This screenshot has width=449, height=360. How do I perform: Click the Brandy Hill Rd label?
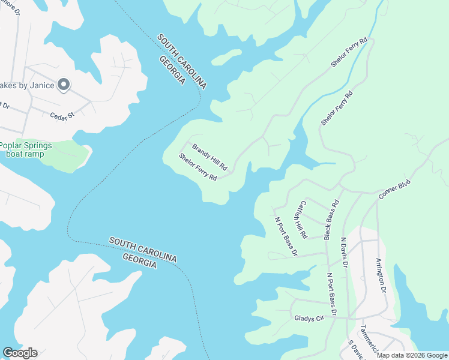point(209,157)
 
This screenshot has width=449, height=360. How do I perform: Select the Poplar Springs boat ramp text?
point(25,149)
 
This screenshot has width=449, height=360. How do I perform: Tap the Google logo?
point(20,353)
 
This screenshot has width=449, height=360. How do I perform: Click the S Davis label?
point(356,350)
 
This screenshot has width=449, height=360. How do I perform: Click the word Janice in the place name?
point(41,85)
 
